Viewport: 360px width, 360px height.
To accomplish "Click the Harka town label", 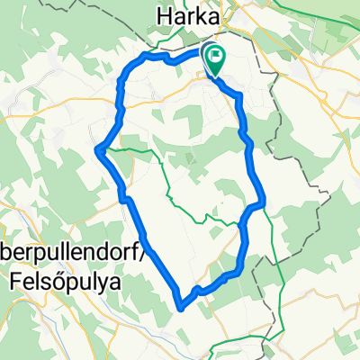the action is tap(190, 14).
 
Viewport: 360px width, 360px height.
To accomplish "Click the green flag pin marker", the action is tap(216, 60).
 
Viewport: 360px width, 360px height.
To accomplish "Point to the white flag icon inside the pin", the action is tap(216, 58).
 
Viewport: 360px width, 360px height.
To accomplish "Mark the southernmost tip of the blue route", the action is tap(182, 308).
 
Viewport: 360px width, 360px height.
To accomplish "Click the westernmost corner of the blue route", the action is tap(96, 149).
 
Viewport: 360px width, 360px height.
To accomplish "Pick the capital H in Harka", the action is tap(165, 14).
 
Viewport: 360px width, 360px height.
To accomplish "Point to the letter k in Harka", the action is tap(201, 14).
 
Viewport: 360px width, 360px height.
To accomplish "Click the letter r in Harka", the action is tap(191, 15).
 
